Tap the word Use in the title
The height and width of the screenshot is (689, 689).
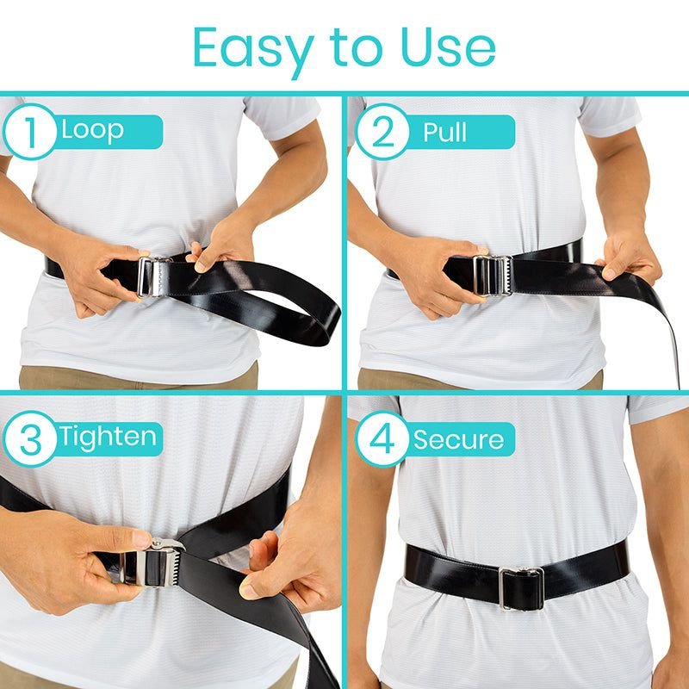tap(449, 47)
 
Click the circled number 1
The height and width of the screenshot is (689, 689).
tap(30, 132)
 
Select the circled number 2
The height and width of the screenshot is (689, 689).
tap(382, 132)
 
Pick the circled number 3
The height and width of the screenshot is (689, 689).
tap(30, 438)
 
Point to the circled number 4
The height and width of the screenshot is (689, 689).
tap(382, 438)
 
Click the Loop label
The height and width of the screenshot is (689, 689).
tap(92, 130)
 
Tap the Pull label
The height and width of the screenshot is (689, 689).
tap(444, 132)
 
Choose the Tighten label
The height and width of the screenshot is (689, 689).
tap(108, 438)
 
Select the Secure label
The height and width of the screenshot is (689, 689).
tap(458, 439)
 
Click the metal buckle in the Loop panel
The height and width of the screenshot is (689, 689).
tap(152, 276)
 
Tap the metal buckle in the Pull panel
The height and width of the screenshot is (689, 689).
tap(493, 275)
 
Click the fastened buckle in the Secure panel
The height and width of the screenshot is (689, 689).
tap(521, 589)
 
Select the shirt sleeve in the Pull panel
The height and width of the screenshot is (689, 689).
tap(610, 115)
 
